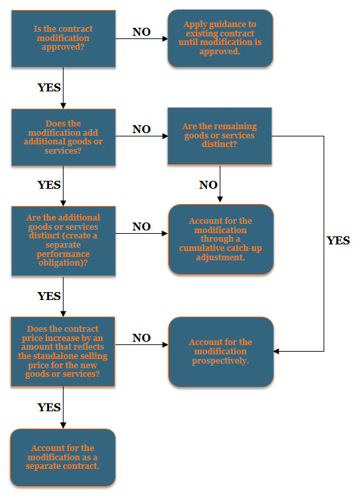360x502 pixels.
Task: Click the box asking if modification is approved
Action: [63, 38]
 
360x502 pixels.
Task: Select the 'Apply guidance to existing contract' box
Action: [220, 38]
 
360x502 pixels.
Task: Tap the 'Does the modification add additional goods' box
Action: [63, 137]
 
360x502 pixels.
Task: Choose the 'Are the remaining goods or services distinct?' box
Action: [220, 136]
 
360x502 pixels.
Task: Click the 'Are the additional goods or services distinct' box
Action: [63, 240]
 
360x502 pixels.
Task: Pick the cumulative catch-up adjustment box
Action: [220, 239]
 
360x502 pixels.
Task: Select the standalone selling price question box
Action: [63, 351]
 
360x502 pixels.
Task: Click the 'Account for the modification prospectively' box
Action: [220, 352]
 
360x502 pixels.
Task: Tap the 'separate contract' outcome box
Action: [63, 458]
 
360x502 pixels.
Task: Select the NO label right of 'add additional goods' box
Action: [142, 130]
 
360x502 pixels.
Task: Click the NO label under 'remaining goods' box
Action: [208, 185]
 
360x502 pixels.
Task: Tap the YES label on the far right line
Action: [338, 241]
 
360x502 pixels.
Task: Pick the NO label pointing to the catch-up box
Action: [142, 227]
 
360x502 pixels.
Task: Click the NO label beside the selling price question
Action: [142, 338]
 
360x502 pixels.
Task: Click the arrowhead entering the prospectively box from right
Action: [277, 351]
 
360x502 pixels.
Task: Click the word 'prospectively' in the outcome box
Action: [220, 361]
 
